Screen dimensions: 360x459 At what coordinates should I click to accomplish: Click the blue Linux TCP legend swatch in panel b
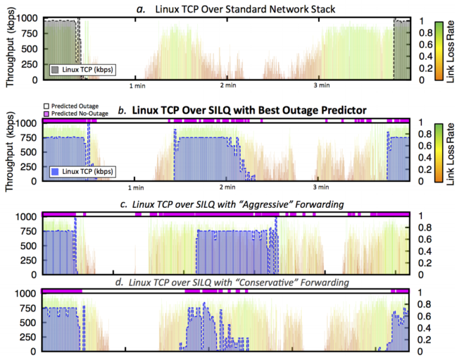pos(55,172)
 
